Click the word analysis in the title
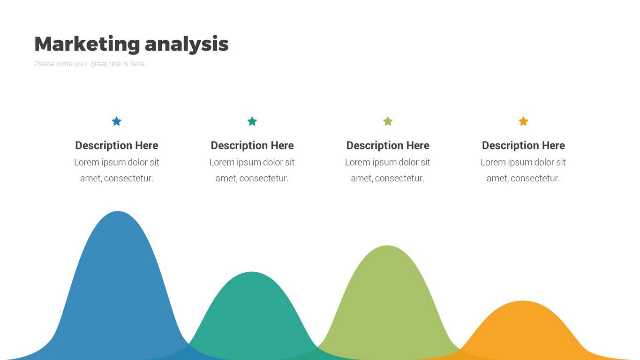[x=187, y=45]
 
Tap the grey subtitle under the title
[x=89, y=64]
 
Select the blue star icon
[x=117, y=121]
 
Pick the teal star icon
[x=252, y=121]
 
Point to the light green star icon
[x=388, y=121]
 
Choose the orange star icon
[x=523, y=121]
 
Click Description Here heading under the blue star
[x=117, y=145]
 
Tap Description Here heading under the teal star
[x=252, y=145]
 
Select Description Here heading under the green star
[x=388, y=145]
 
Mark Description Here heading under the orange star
[x=523, y=145]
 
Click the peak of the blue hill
[x=118, y=212]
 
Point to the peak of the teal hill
[x=251, y=272]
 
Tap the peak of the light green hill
[x=387, y=246]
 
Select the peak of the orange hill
[x=523, y=301]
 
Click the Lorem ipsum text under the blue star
[x=117, y=170]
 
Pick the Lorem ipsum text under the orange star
[x=523, y=170]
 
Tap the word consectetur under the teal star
[x=264, y=178]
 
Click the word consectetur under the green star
[x=400, y=178]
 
